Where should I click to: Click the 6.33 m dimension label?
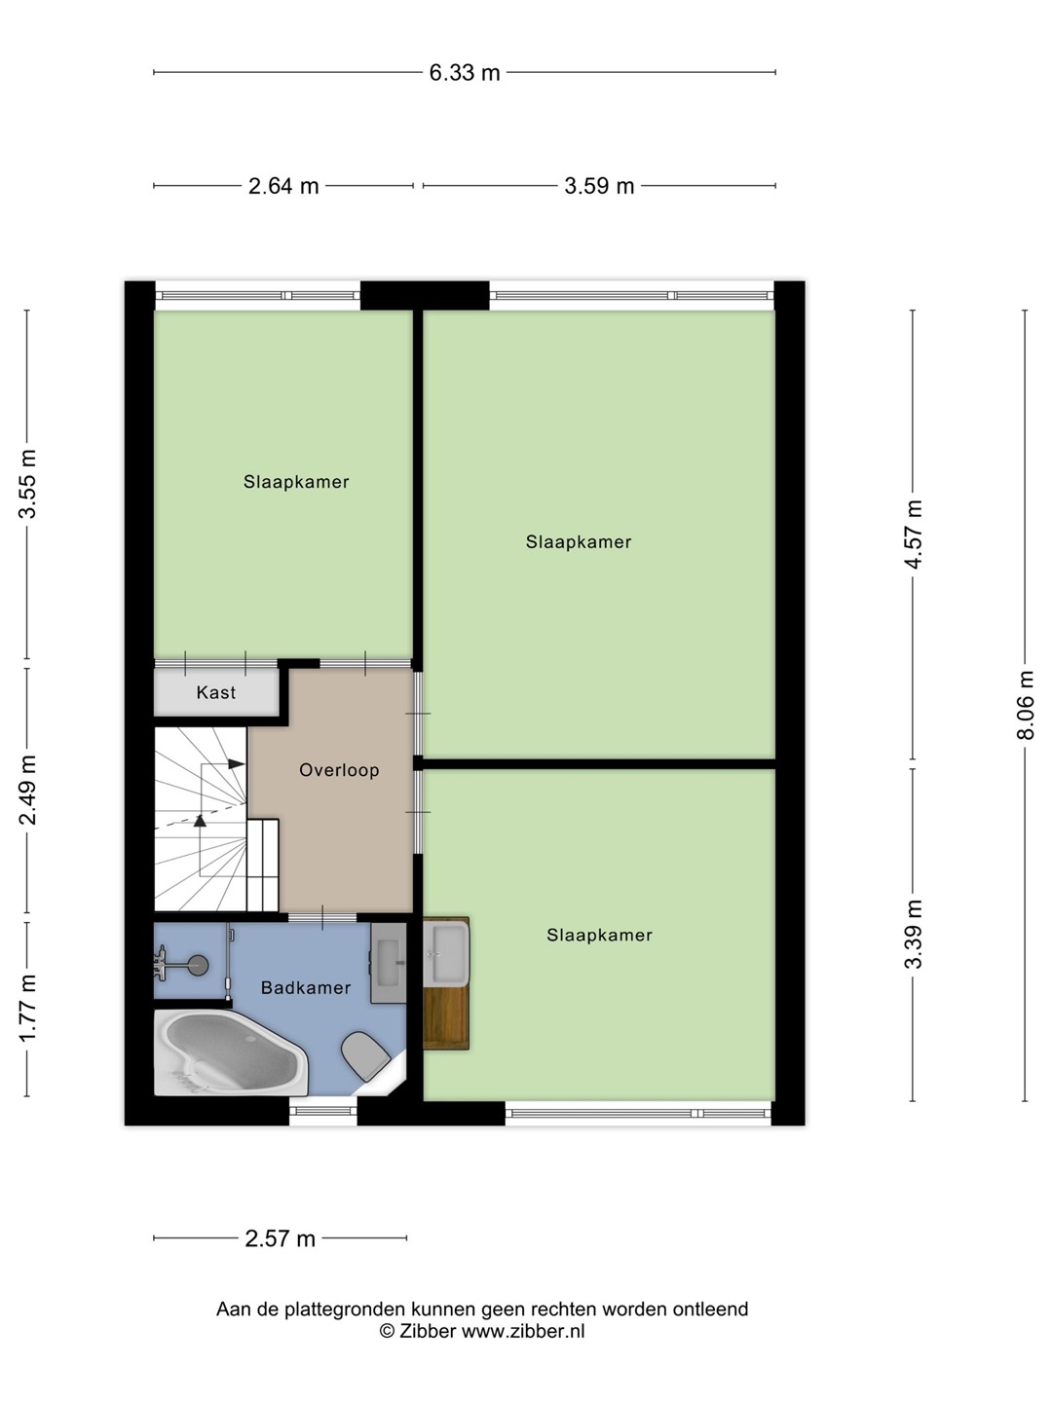465,73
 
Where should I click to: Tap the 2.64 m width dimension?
282,186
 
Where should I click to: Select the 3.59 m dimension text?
599,186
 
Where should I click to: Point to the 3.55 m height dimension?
27,484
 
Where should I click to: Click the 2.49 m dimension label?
27,790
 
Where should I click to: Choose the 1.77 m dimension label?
27,1009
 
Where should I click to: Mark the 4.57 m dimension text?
914,534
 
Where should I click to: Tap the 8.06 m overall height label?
1025,705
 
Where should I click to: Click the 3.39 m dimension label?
914,934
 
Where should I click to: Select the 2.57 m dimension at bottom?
280,1238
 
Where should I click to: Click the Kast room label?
216,692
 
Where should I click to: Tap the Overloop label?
339,770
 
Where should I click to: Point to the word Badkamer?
306,988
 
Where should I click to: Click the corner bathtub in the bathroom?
231,1051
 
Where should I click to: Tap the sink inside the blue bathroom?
389,963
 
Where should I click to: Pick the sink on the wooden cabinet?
446,953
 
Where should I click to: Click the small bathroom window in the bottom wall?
323,1112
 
